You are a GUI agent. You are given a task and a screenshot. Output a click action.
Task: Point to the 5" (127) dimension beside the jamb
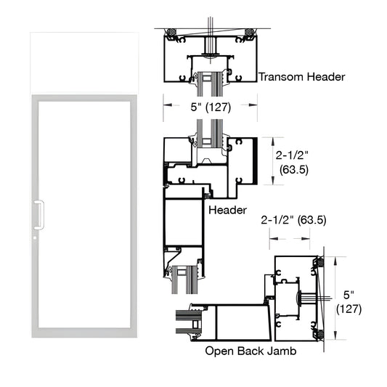[x=351, y=302]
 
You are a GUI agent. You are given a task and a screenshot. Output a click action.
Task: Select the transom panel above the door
[x=81, y=65]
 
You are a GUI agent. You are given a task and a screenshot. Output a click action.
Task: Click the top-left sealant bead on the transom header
[x=171, y=33]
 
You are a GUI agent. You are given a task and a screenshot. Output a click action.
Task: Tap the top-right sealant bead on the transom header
[x=250, y=33]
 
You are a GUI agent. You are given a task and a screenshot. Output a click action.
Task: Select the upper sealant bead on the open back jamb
[x=317, y=260]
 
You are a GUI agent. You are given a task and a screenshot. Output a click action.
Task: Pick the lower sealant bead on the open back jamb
[x=317, y=335]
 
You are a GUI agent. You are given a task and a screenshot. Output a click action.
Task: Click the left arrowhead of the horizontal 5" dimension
[x=164, y=105]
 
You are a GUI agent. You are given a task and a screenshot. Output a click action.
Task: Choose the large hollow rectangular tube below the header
[x=182, y=221]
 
